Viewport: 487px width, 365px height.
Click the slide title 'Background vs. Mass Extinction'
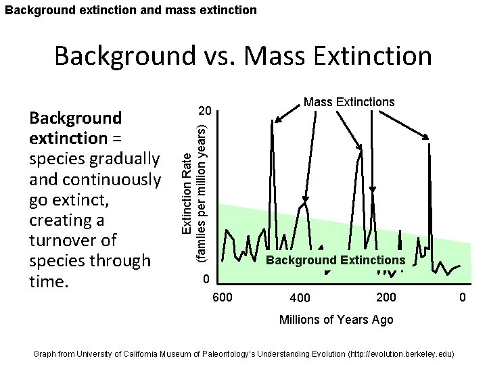pyautogui.click(x=243, y=55)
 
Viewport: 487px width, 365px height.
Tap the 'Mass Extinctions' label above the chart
pyautogui.click(x=348, y=102)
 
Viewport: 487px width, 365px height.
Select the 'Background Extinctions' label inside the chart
pyautogui.click(x=335, y=260)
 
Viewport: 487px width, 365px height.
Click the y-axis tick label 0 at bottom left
pyautogui.click(x=208, y=280)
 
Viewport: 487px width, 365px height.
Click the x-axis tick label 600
pyautogui.click(x=224, y=297)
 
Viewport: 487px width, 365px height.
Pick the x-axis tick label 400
pyautogui.click(x=300, y=298)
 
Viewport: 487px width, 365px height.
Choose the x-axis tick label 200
pyautogui.click(x=386, y=297)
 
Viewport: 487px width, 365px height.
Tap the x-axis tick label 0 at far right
pyautogui.click(x=463, y=297)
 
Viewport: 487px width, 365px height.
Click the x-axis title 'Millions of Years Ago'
pyautogui.click(x=336, y=320)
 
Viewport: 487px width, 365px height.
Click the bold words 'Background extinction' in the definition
pyautogui.click(x=75, y=128)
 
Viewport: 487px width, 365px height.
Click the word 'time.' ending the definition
pyautogui.click(x=49, y=281)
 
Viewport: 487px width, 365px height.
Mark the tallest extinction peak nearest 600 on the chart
pyautogui.click(x=272, y=123)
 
